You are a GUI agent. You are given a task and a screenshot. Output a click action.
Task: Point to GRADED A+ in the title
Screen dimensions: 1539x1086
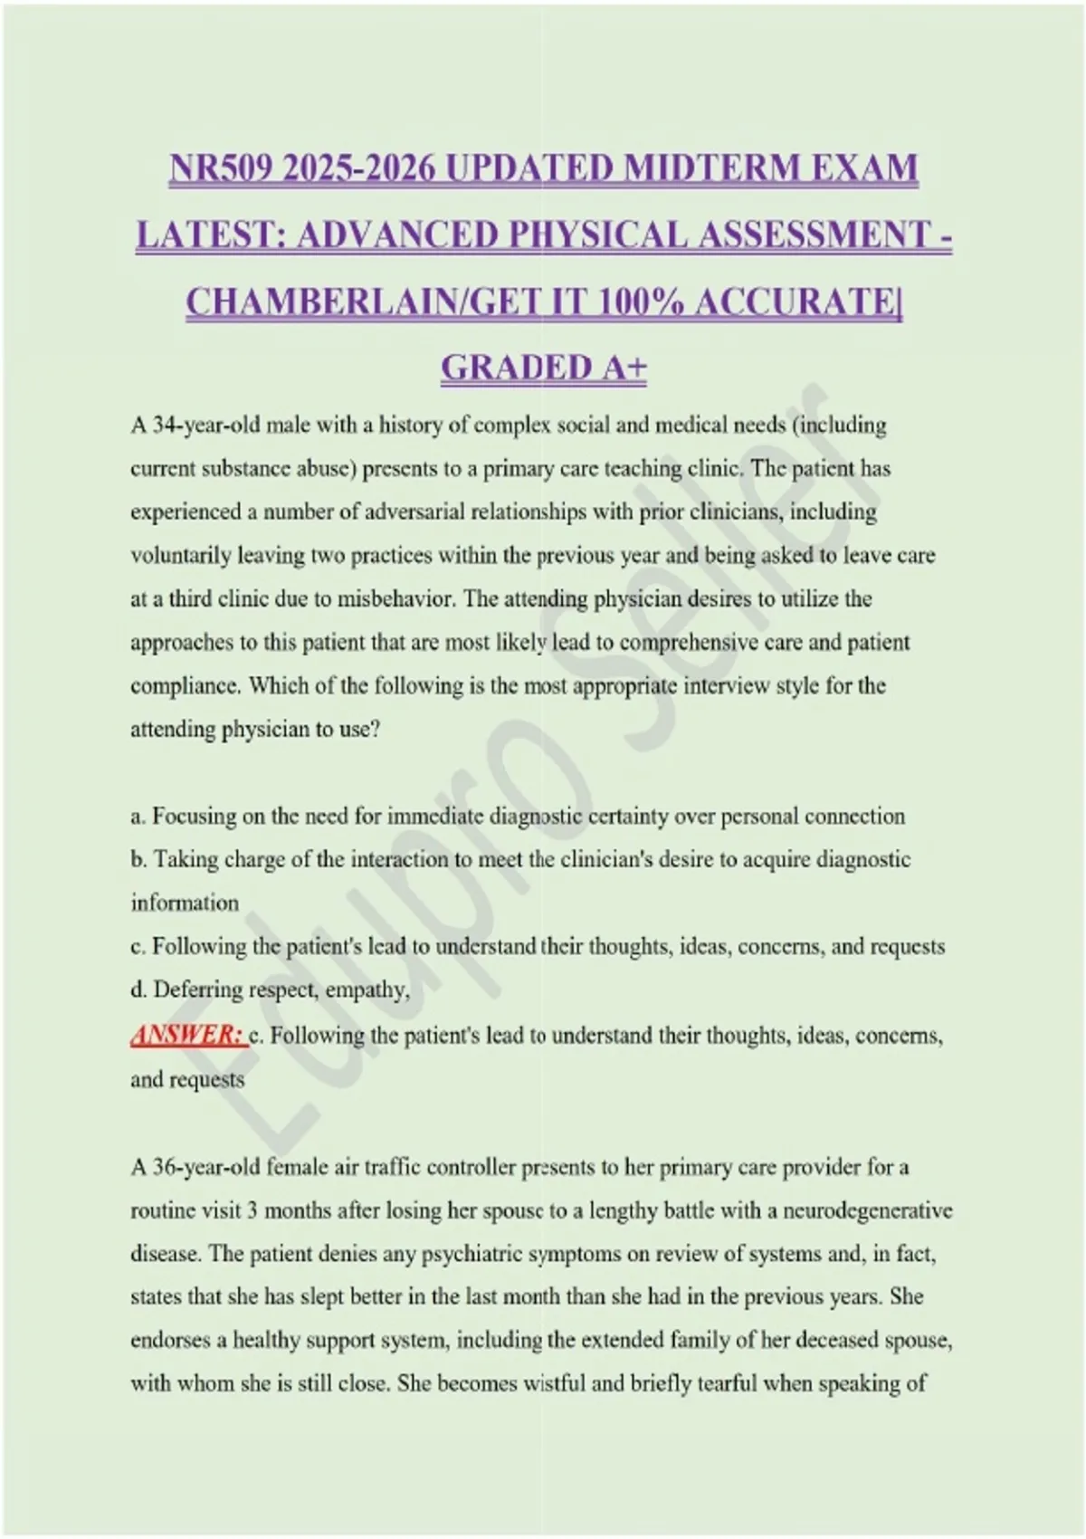[x=543, y=368]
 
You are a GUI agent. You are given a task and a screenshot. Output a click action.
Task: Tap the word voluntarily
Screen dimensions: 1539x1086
[x=181, y=556]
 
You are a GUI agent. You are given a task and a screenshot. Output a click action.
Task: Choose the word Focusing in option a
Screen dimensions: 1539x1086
[x=192, y=817]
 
